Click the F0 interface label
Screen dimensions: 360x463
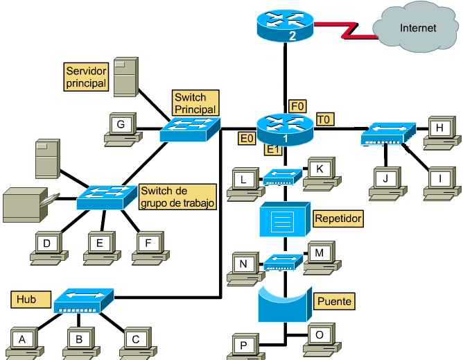click(297, 106)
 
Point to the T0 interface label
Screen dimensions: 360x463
click(324, 120)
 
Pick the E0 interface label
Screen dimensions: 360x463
click(246, 139)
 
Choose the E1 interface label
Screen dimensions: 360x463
click(272, 148)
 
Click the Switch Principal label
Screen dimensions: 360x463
click(195, 103)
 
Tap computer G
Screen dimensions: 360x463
click(121, 128)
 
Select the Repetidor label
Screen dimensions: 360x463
click(338, 218)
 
